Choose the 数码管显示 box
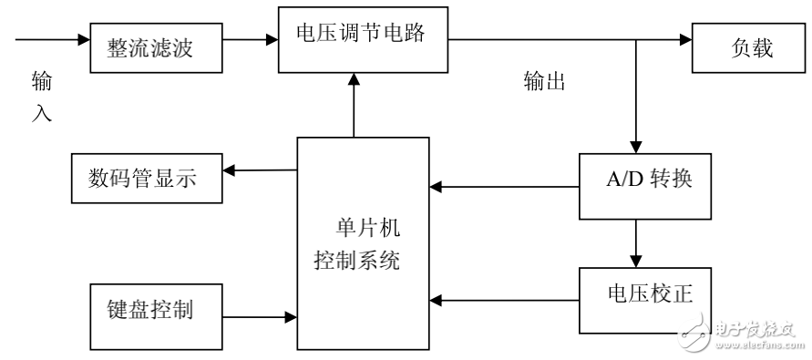146,179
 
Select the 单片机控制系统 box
363,245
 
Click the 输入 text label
41,98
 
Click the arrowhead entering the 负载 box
684,39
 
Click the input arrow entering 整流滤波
50,39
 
